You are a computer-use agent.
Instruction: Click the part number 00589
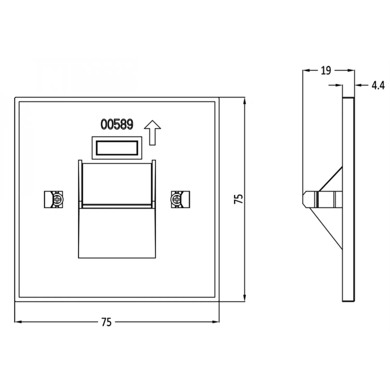[x=117, y=124]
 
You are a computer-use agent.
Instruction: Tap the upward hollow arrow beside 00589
[x=153, y=133]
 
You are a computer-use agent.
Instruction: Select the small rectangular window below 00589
[x=117, y=148]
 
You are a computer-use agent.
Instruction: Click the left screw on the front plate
[x=57, y=200]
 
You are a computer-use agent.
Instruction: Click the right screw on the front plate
[x=177, y=200]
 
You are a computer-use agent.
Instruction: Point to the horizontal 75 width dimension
[x=107, y=322]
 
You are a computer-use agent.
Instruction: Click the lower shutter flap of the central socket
[x=117, y=233]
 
